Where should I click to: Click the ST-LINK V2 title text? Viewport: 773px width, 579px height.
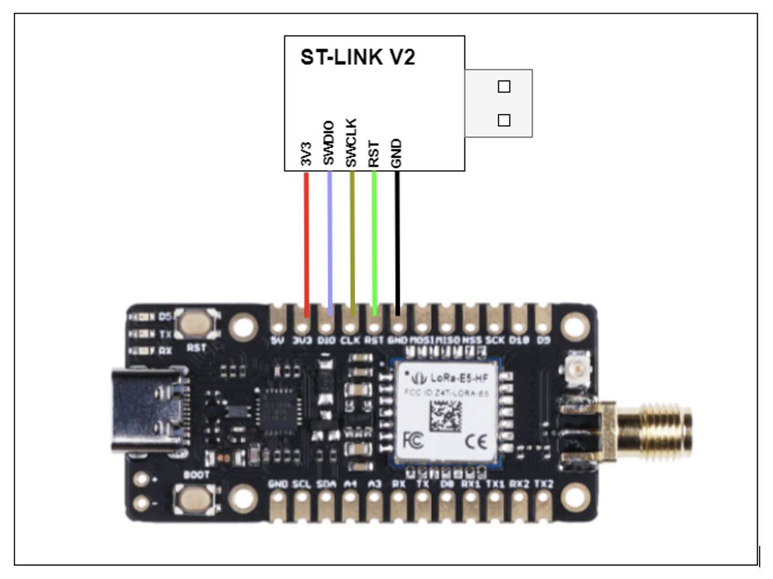point(357,57)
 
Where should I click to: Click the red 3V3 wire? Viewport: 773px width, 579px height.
point(306,239)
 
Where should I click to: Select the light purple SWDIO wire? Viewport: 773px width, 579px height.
point(330,239)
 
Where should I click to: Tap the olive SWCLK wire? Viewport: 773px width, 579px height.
point(352,239)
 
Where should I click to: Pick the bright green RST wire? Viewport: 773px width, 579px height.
point(374,239)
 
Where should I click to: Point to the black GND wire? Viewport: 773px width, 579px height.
point(397,239)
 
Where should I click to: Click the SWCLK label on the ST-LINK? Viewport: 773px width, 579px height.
point(351,143)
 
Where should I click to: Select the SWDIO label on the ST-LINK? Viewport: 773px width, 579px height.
point(328,143)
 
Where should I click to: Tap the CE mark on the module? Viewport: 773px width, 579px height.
point(475,442)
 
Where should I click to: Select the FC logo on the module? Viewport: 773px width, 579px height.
point(414,440)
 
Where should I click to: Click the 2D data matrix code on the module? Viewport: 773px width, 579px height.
point(446,416)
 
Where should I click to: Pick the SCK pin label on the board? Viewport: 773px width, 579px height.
point(495,340)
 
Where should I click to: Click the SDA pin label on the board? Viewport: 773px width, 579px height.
point(326,484)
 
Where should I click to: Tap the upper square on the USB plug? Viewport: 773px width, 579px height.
point(504,86)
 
